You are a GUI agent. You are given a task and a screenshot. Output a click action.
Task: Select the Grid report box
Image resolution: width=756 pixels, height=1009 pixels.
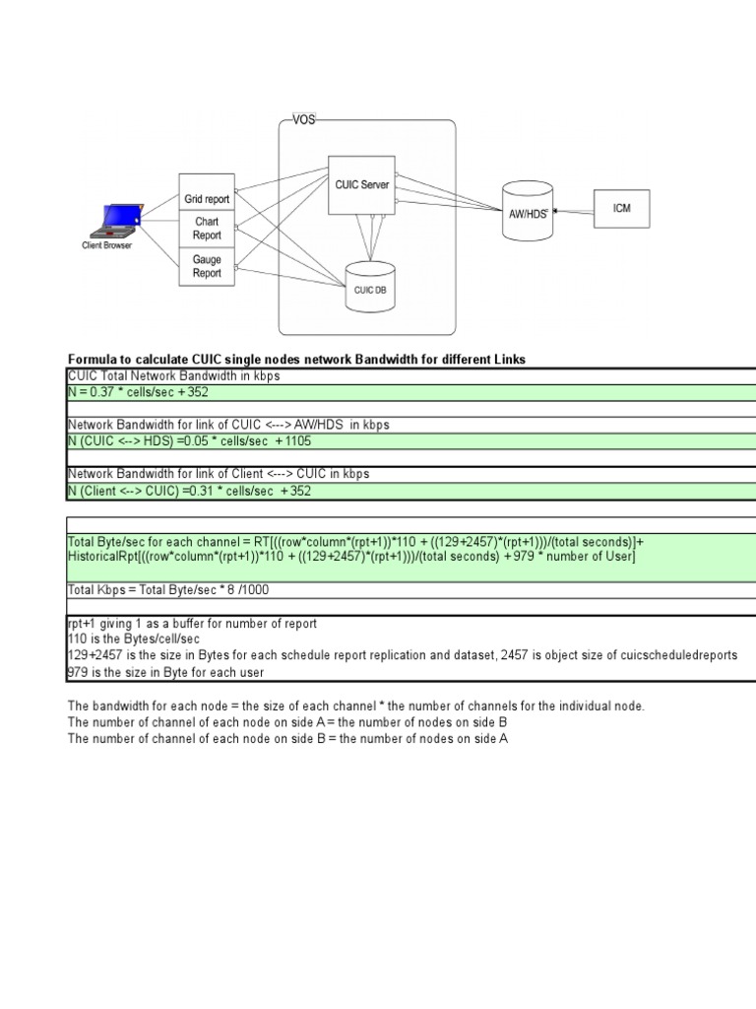(x=207, y=199)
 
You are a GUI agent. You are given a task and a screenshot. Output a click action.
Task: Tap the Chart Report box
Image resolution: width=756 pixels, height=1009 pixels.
(x=207, y=229)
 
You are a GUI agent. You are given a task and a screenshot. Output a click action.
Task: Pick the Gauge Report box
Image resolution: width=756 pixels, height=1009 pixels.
(x=207, y=266)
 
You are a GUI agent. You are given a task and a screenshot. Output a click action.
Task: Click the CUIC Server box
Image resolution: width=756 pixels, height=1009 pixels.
(x=361, y=184)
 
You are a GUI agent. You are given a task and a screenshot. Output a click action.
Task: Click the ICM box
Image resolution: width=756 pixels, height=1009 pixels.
(x=621, y=209)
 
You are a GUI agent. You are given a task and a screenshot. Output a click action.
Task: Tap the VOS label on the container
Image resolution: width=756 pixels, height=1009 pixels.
(x=303, y=120)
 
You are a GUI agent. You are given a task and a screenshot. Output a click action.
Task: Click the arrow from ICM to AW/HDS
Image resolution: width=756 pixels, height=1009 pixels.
(x=575, y=210)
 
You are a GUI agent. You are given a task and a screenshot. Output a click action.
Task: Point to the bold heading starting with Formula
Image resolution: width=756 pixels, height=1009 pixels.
(x=296, y=360)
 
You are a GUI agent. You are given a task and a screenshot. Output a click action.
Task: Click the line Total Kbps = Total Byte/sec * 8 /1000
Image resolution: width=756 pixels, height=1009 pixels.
(x=168, y=590)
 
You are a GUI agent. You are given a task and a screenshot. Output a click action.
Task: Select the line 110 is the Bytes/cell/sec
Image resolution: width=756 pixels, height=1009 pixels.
(x=129, y=639)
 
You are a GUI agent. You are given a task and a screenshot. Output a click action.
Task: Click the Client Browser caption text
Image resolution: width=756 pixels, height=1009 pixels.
(x=106, y=245)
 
